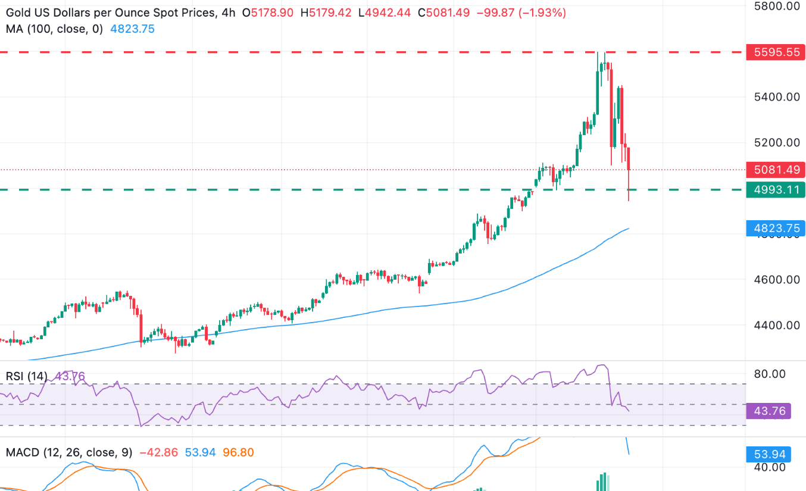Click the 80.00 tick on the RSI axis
pyautogui.click(x=770, y=374)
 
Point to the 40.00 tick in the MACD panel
pyautogui.click(x=770, y=468)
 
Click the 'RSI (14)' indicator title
pyautogui.click(x=27, y=376)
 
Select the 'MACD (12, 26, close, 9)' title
pyautogui.click(x=69, y=453)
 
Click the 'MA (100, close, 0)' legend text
pyautogui.click(x=54, y=28)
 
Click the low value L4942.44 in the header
pyautogui.click(x=389, y=11)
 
